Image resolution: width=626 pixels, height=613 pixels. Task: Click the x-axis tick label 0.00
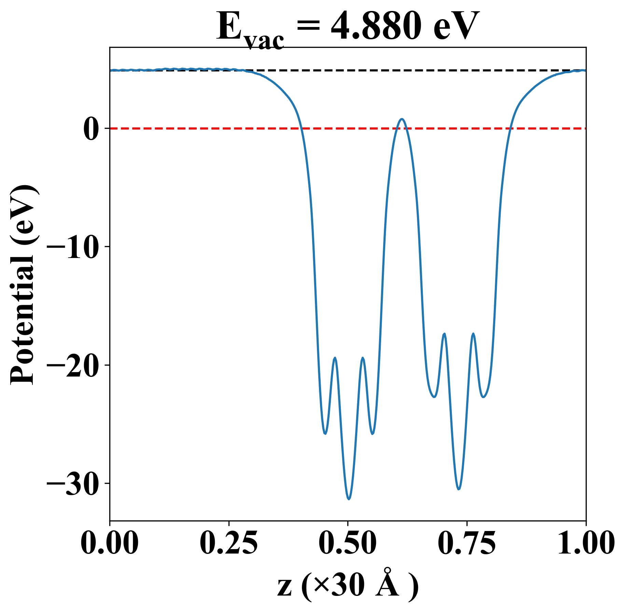pos(110,543)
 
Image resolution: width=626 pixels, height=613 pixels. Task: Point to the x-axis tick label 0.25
pos(228,543)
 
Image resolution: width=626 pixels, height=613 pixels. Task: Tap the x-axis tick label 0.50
pos(348,543)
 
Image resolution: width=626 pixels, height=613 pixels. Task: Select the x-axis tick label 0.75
pos(467,543)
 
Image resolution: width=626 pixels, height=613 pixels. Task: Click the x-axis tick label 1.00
pos(585,543)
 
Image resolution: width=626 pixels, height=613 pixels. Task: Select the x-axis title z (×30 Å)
pos(348,587)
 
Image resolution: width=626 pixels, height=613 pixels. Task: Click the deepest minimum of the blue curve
pos(349,499)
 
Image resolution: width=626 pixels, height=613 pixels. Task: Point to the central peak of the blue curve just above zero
pos(402,119)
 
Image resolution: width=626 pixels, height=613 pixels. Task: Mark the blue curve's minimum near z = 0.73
pos(459,489)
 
